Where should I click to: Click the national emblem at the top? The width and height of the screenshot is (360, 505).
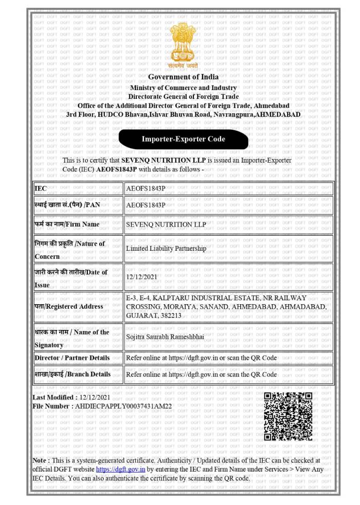coord(183,45)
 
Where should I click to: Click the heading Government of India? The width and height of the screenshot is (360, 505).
coord(183,77)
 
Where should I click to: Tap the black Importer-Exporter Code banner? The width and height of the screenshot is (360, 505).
coord(183,139)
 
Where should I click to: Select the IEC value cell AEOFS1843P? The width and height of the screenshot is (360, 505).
coord(146,189)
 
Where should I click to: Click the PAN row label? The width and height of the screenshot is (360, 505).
coord(67,205)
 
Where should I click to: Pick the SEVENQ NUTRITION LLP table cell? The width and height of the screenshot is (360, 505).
coord(166,224)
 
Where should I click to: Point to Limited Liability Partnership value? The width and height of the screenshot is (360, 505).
coord(166,248)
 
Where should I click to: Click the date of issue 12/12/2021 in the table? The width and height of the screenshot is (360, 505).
coord(140,276)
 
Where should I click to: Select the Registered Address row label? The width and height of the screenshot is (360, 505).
coord(69,306)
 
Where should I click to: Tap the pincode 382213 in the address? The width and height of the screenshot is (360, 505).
coord(170,315)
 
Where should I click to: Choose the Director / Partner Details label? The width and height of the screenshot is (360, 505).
coord(72,358)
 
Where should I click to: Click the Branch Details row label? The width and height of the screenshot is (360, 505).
coord(73,374)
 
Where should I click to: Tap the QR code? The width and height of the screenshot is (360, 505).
coord(288,416)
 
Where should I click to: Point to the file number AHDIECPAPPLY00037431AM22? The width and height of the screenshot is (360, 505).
coord(123,406)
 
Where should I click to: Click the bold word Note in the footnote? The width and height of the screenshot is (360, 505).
coord(40,460)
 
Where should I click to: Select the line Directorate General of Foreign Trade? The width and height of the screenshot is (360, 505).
coord(183,96)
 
